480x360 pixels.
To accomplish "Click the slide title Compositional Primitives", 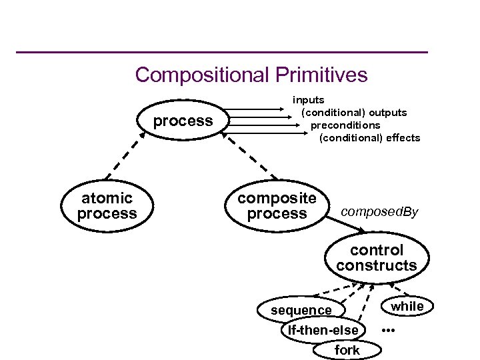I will pyautogui.click(x=251, y=75).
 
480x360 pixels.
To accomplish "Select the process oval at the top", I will pyautogui.click(x=183, y=121).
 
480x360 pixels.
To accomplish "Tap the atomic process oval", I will pyautogui.click(x=107, y=205).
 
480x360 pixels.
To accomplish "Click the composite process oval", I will pyautogui.click(x=277, y=205).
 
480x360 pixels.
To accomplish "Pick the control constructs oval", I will pyautogui.click(x=377, y=258).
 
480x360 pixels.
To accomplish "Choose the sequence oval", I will pyautogui.click(x=301, y=310).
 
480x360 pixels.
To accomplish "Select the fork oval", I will pyautogui.click(x=347, y=350).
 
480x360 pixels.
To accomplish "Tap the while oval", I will pyautogui.click(x=407, y=306).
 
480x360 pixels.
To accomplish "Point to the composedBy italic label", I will pyautogui.click(x=379, y=212).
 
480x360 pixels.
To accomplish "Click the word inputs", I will pyautogui.click(x=309, y=100).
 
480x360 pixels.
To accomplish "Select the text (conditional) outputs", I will pyautogui.click(x=354, y=113).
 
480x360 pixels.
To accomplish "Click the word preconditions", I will pyautogui.click(x=345, y=125).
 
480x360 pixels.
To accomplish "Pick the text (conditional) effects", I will pyautogui.click(x=370, y=138).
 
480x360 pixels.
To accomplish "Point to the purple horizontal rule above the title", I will pyautogui.click(x=221, y=52).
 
